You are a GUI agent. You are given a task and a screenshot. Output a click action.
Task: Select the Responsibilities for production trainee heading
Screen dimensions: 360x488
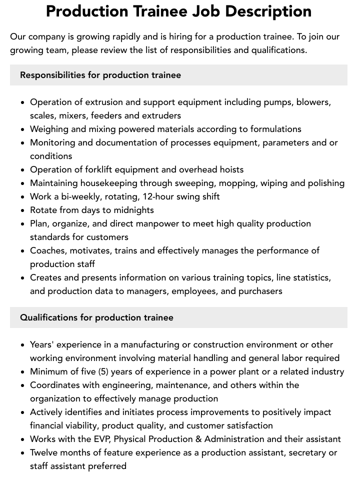tap(100, 75)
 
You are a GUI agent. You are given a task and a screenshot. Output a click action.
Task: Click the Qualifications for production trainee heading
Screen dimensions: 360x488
tap(96, 317)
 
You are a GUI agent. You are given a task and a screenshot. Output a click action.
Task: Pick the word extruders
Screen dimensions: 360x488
tap(160, 115)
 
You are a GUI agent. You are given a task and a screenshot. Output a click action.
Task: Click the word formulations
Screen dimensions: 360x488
tap(275, 129)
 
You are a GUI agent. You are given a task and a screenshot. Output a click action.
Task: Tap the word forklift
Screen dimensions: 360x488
tap(97, 169)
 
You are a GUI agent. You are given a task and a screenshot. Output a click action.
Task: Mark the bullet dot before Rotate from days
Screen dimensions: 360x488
tap(23, 210)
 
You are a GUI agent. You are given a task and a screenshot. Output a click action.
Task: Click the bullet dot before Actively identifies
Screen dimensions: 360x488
tap(23, 412)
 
